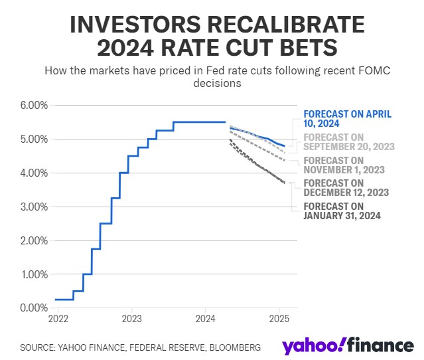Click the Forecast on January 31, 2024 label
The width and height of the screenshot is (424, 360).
342,211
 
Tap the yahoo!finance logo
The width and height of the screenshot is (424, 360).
348,346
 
